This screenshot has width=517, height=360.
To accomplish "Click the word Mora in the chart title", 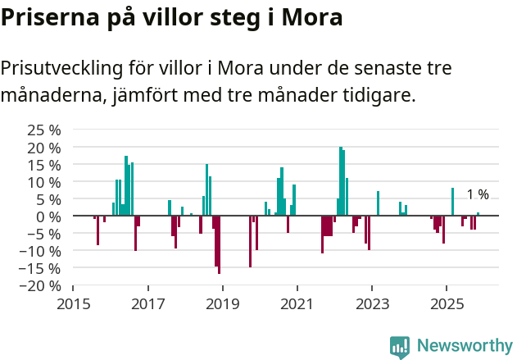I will point(311,17).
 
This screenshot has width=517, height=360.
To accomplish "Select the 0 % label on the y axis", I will point(50,216).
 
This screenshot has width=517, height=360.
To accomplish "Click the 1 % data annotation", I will point(478,194).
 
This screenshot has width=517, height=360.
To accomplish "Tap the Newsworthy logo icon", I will point(400,346).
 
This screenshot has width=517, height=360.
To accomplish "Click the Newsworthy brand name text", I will point(465,346).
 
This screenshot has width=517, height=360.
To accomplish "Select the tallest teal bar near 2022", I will point(340,181).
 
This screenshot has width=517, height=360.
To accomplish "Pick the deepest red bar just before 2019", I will point(220,244).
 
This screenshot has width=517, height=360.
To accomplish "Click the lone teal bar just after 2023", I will point(378,203).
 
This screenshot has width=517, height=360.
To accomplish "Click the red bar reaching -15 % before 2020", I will point(250,241).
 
